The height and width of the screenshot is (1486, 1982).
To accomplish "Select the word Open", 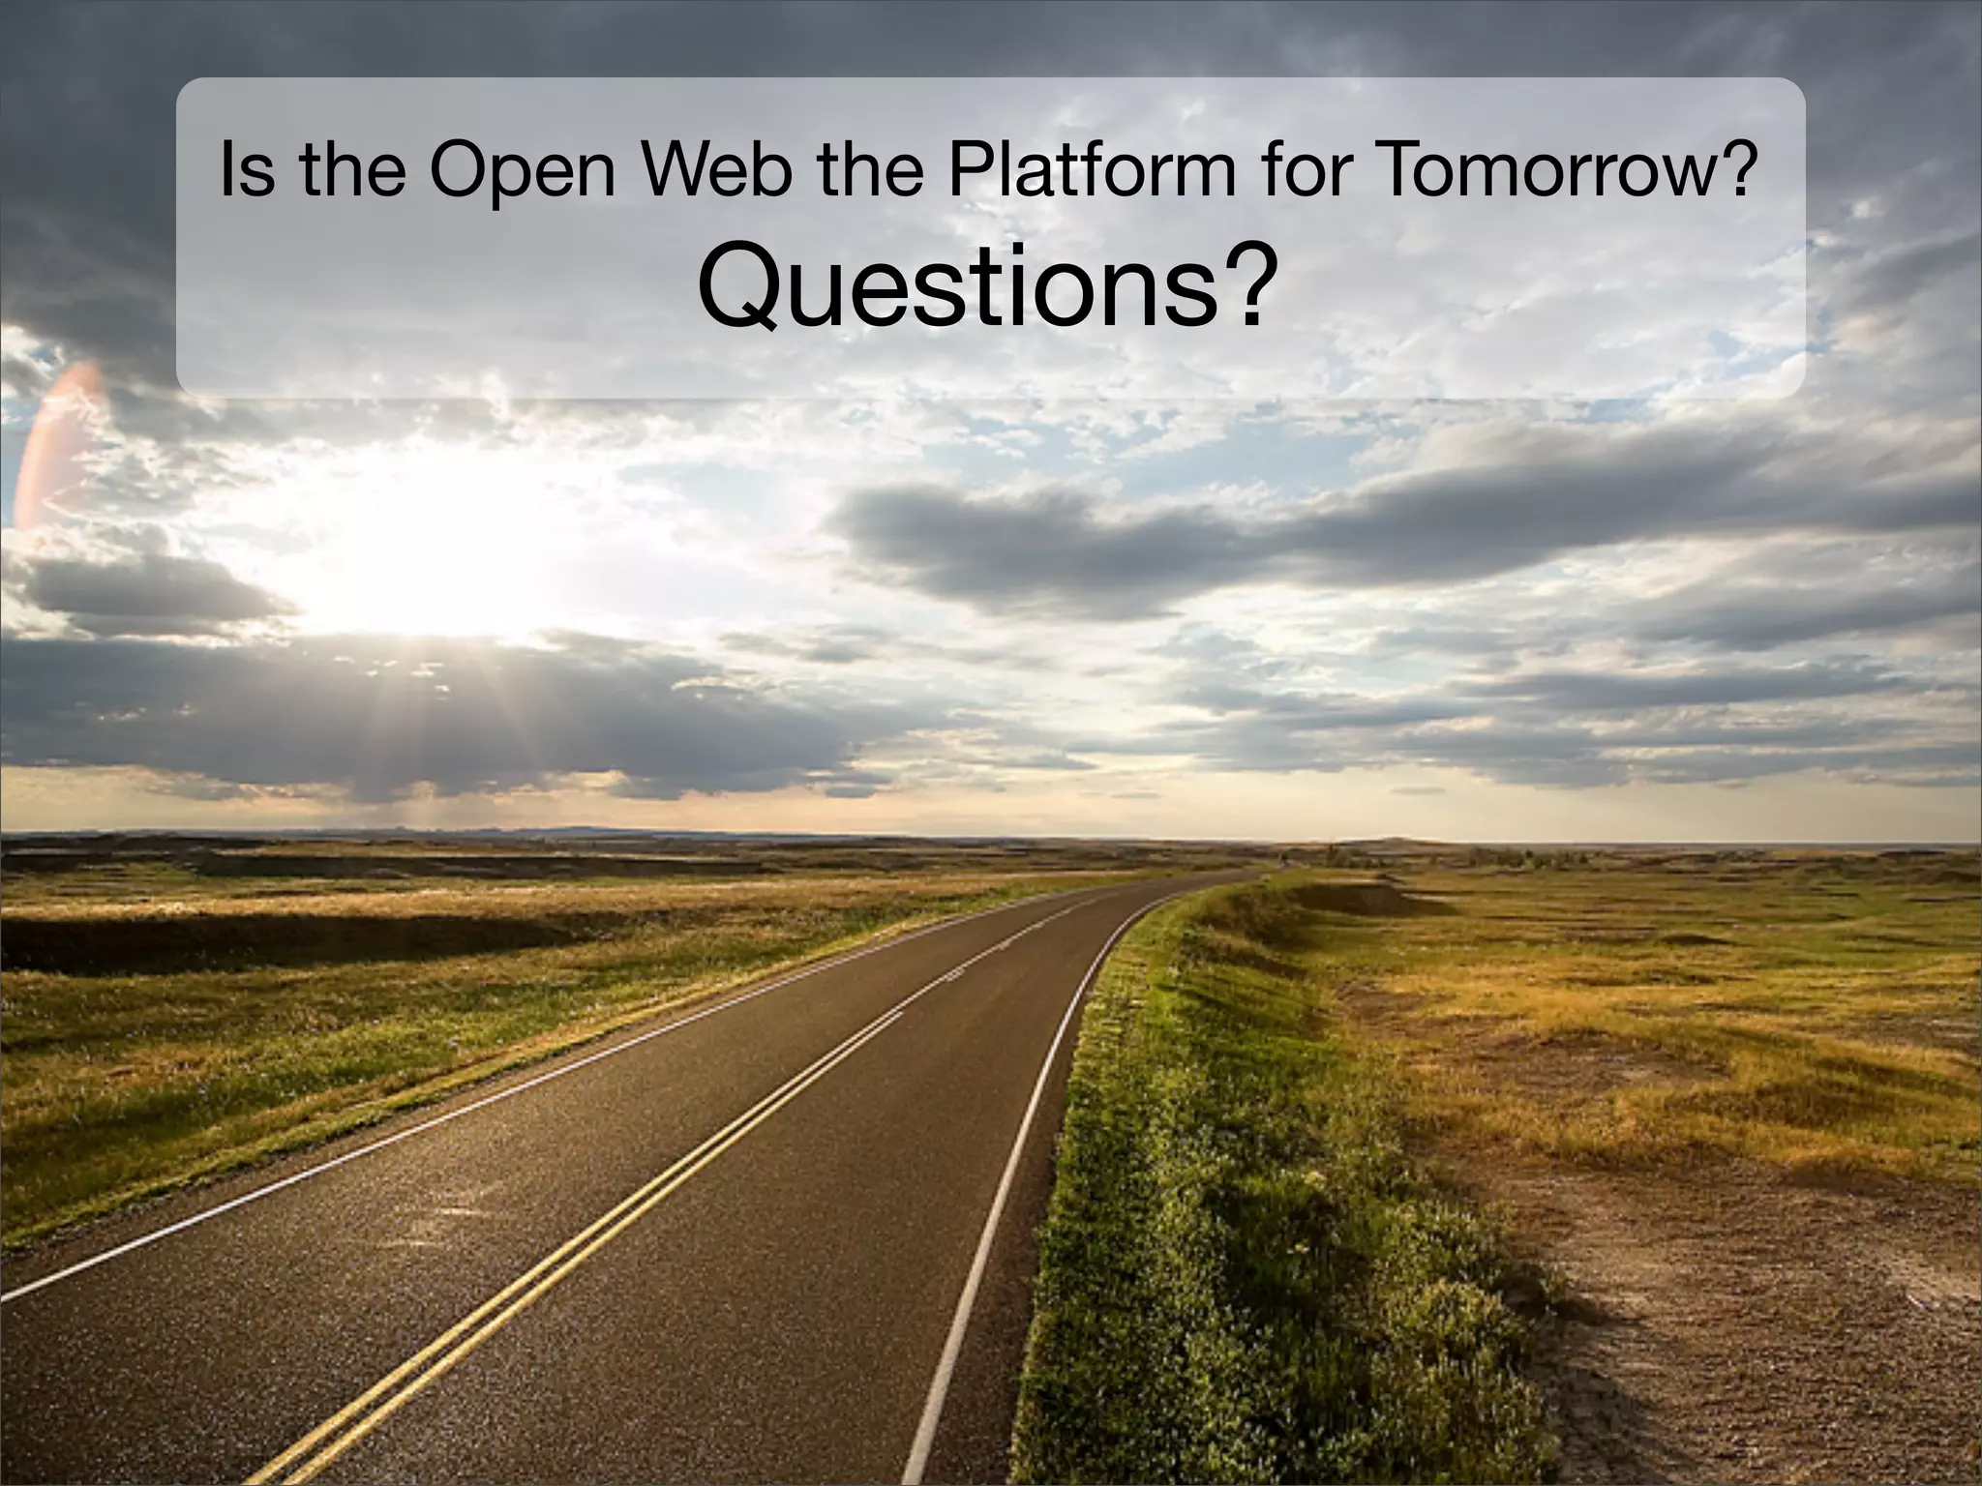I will [x=523, y=171].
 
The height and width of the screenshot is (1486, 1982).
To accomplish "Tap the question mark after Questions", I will [x=1240, y=285].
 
